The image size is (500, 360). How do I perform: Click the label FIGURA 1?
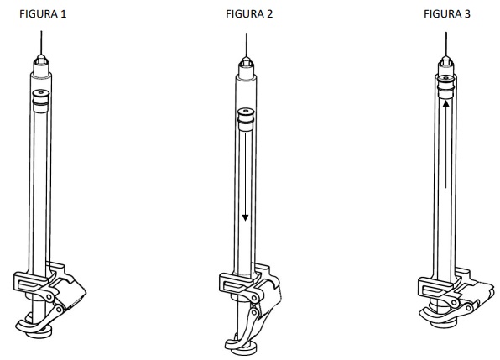click(43, 14)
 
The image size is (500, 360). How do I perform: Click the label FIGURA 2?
click(249, 14)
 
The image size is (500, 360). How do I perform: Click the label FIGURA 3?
click(447, 14)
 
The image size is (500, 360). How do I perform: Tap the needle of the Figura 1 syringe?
click(41, 43)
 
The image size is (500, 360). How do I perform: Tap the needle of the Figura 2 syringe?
click(246, 45)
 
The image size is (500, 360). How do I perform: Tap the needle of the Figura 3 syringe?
click(445, 44)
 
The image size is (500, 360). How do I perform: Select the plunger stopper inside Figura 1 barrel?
click(41, 101)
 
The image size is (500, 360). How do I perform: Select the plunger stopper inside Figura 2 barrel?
click(246, 119)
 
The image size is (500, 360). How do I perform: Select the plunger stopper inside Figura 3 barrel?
click(445, 86)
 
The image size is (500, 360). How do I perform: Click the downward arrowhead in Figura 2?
click(245, 218)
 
